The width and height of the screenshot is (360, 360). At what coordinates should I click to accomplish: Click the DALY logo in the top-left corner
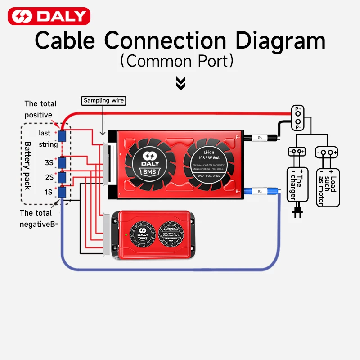49,17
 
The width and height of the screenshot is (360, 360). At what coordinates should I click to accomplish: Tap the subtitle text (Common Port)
180,61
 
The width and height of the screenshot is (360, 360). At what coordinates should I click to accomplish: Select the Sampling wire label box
104,100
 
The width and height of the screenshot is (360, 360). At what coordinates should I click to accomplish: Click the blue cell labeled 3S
63,162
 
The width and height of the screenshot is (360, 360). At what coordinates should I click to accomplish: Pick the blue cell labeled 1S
63,192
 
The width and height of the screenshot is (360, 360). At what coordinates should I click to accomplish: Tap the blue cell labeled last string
63,136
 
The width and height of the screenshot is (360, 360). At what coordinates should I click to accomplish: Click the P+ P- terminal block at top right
297,118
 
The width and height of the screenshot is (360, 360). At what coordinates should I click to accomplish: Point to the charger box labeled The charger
297,184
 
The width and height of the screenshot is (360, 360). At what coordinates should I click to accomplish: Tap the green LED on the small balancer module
126,234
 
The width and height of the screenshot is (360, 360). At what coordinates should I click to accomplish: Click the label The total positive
40,109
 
